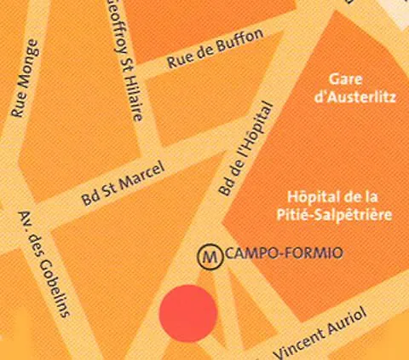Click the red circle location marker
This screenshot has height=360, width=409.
pyautogui.click(x=187, y=313)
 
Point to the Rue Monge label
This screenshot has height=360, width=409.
pyautogui.click(x=24, y=78)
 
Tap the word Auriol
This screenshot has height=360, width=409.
pyautogui.click(x=343, y=323)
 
